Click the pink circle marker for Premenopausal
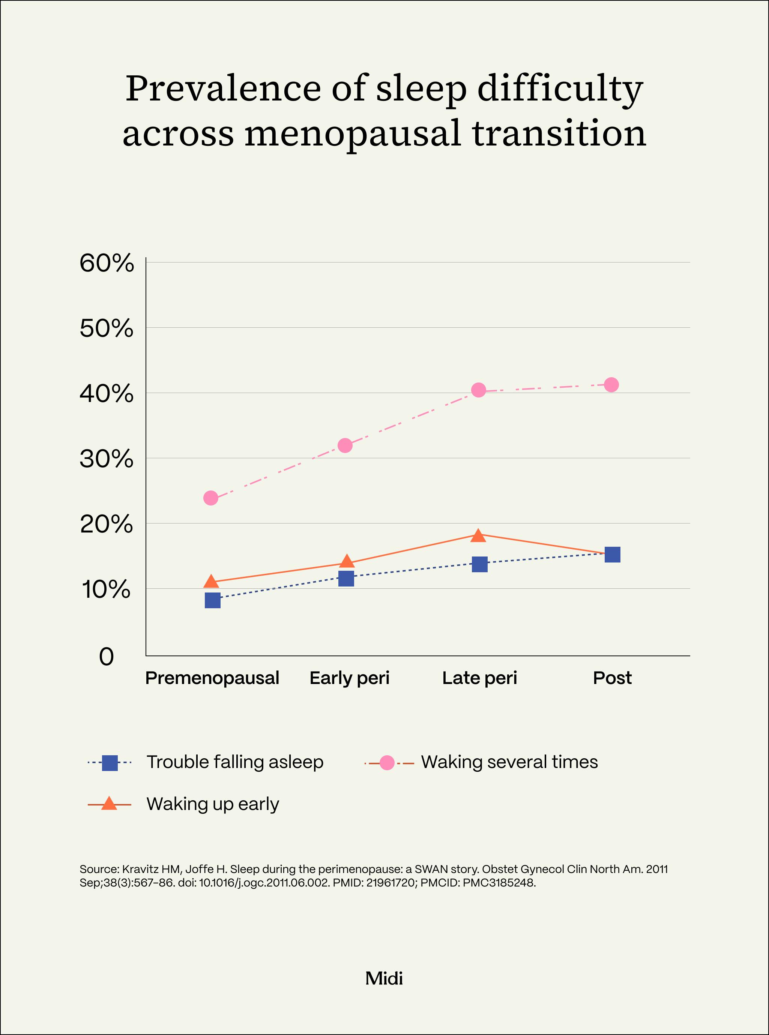[211, 498]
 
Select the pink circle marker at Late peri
[479, 390]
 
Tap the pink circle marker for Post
[611, 385]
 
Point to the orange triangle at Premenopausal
[211, 582]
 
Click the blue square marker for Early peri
[346, 579]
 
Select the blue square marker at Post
[612, 555]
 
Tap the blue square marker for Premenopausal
[212, 600]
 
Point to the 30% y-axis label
[107, 459]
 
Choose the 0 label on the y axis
[107, 657]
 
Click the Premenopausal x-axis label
[212, 678]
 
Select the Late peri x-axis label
[479, 678]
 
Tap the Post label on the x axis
[612, 678]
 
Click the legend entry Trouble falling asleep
[234, 762]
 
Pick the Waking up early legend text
[213, 804]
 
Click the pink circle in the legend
[387, 763]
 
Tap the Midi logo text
[384, 979]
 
